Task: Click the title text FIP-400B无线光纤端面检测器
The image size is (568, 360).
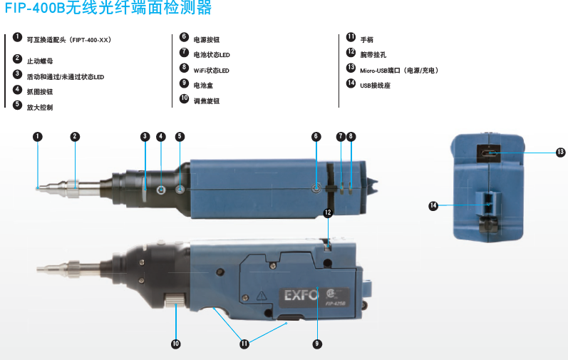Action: (108, 7)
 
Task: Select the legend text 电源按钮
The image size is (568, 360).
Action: (207, 40)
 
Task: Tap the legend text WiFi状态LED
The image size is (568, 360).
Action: (211, 71)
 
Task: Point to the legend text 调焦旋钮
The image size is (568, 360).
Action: (207, 101)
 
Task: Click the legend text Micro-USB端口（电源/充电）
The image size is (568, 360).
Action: (399, 71)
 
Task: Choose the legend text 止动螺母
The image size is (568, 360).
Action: (40, 61)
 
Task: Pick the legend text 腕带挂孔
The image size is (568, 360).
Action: (373, 55)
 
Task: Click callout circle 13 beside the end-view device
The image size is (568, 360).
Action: (560, 153)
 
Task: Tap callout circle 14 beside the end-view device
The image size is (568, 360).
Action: (433, 206)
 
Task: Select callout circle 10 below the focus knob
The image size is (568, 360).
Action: (176, 344)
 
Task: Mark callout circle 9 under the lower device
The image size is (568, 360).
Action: (317, 344)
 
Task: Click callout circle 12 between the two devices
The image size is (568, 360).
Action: (328, 212)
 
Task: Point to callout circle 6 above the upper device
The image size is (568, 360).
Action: (316, 137)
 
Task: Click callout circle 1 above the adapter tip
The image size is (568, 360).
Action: (38, 137)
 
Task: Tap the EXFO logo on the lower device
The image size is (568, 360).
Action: (301, 295)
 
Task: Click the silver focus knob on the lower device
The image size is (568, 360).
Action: (176, 300)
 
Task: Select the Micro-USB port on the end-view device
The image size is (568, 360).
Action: (489, 153)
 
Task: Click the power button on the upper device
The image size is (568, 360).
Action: (316, 188)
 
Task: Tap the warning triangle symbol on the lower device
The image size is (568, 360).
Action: (262, 296)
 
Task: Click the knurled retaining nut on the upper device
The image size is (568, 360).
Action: (72, 188)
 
